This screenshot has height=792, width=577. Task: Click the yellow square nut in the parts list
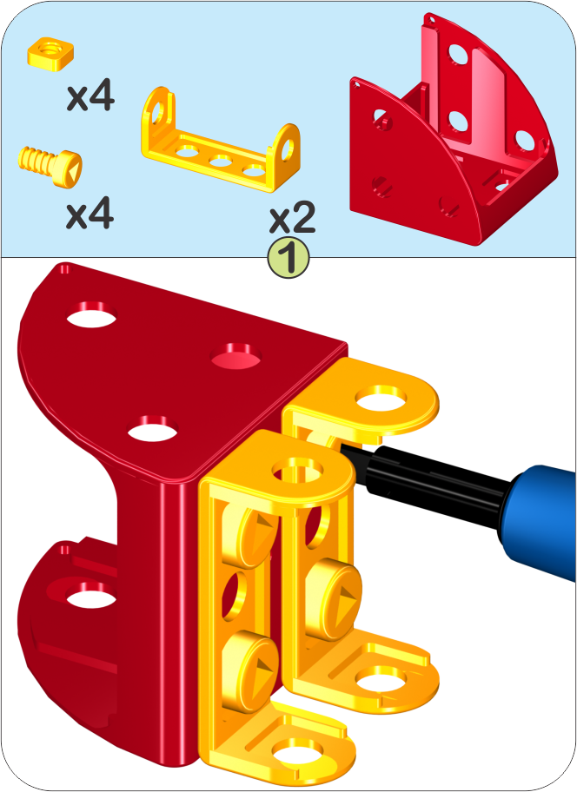coord(50,53)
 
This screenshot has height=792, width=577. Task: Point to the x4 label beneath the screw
coord(90,214)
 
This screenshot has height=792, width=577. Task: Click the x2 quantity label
coord(293,218)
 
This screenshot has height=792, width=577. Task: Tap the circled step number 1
coord(288,258)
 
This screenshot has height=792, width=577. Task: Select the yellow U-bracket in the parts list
coord(221,140)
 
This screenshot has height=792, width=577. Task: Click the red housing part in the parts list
coord(453,129)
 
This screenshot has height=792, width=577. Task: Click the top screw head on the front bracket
coord(259,537)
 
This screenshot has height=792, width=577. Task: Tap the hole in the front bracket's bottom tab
coord(298,753)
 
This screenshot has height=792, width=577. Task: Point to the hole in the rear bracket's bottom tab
coord(381,680)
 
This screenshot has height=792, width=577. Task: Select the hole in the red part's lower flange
coord(91,595)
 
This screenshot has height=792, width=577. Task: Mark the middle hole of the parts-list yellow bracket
coord(221,162)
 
